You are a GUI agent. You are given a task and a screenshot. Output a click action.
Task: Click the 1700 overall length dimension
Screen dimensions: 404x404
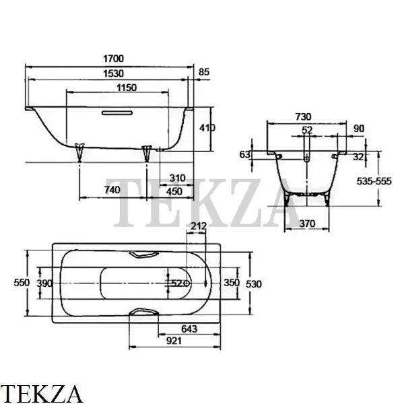pyautogui.click(x=113, y=59)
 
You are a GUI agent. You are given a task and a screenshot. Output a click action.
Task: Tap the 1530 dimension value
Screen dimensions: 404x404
pyautogui.click(x=113, y=73)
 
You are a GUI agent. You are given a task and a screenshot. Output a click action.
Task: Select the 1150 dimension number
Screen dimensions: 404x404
pyautogui.click(x=127, y=88)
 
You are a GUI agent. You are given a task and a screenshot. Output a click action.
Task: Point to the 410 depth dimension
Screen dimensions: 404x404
pyautogui.click(x=207, y=128)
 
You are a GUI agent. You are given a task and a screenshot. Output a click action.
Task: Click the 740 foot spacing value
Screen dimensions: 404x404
pyautogui.click(x=112, y=190)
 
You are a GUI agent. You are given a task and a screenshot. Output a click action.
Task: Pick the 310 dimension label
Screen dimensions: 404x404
pyautogui.click(x=177, y=178)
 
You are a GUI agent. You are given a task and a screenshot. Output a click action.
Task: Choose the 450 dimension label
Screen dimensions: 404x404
pyautogui.click(x=174, y=191)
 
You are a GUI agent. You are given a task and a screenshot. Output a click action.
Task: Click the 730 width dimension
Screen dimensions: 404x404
pyautogui.click(x=303, y=117)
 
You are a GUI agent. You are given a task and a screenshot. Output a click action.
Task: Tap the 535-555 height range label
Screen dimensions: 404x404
pyautogui.click(x=374, y=181)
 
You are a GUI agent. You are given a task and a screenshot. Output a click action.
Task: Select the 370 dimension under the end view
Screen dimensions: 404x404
pyautogui.click(x=307, y=224)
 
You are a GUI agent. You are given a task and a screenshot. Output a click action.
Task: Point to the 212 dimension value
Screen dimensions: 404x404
pyautogui.click(x=199, y=226)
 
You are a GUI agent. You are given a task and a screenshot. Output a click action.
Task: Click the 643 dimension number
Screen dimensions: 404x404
pyautogui.click(x=189, y=329)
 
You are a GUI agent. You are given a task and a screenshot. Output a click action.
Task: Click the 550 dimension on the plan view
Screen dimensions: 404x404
pyautogui.click(x=22, y=283)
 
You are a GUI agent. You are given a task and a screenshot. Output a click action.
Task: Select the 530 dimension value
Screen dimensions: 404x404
pyautogui.click(x=254, y=284)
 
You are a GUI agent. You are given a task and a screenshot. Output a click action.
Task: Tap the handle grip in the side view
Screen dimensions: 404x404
pyautogui.click(x=117, y=113)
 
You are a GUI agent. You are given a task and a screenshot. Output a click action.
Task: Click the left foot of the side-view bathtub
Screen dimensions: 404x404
pyautogui.click(x=79, y=152)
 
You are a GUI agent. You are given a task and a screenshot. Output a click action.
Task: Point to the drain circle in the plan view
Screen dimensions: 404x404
pyautogui.click(x=187, y=283)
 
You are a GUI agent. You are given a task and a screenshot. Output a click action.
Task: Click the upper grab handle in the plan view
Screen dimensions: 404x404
pyautogui.click(x=143, y=255)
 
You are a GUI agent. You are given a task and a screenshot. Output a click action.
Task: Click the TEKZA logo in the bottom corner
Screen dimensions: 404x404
pyautogui.click(x=41, y=394)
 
